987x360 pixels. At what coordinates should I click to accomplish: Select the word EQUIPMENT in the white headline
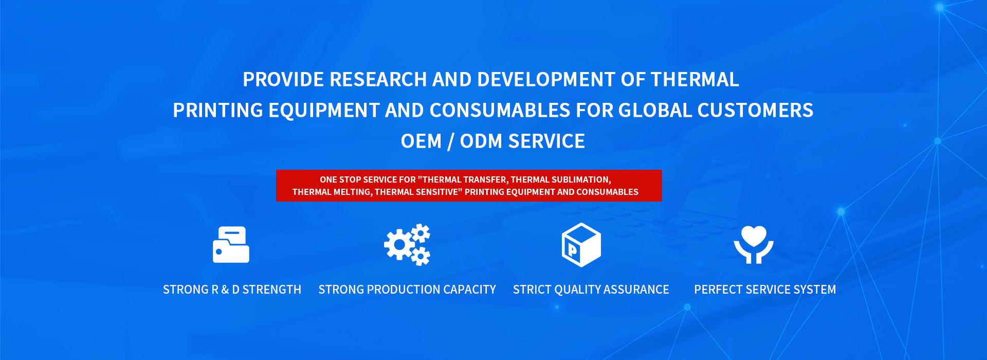(324, 111)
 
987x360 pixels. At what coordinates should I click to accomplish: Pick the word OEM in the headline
(421, 141)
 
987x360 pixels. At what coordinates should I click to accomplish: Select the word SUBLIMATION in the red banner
(581, 179)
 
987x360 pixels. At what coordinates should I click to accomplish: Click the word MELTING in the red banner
(353, 192)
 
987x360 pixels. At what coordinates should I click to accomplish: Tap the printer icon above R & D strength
(231, 245)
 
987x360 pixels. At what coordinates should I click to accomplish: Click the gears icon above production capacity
(407, 245)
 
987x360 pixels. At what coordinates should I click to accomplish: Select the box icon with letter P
(581, 245)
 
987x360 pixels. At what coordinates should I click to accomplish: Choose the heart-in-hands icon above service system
(754, 245)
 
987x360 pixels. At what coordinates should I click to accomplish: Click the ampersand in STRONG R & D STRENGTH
(225, 290)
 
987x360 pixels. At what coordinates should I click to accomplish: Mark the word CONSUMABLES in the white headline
(500, 111)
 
